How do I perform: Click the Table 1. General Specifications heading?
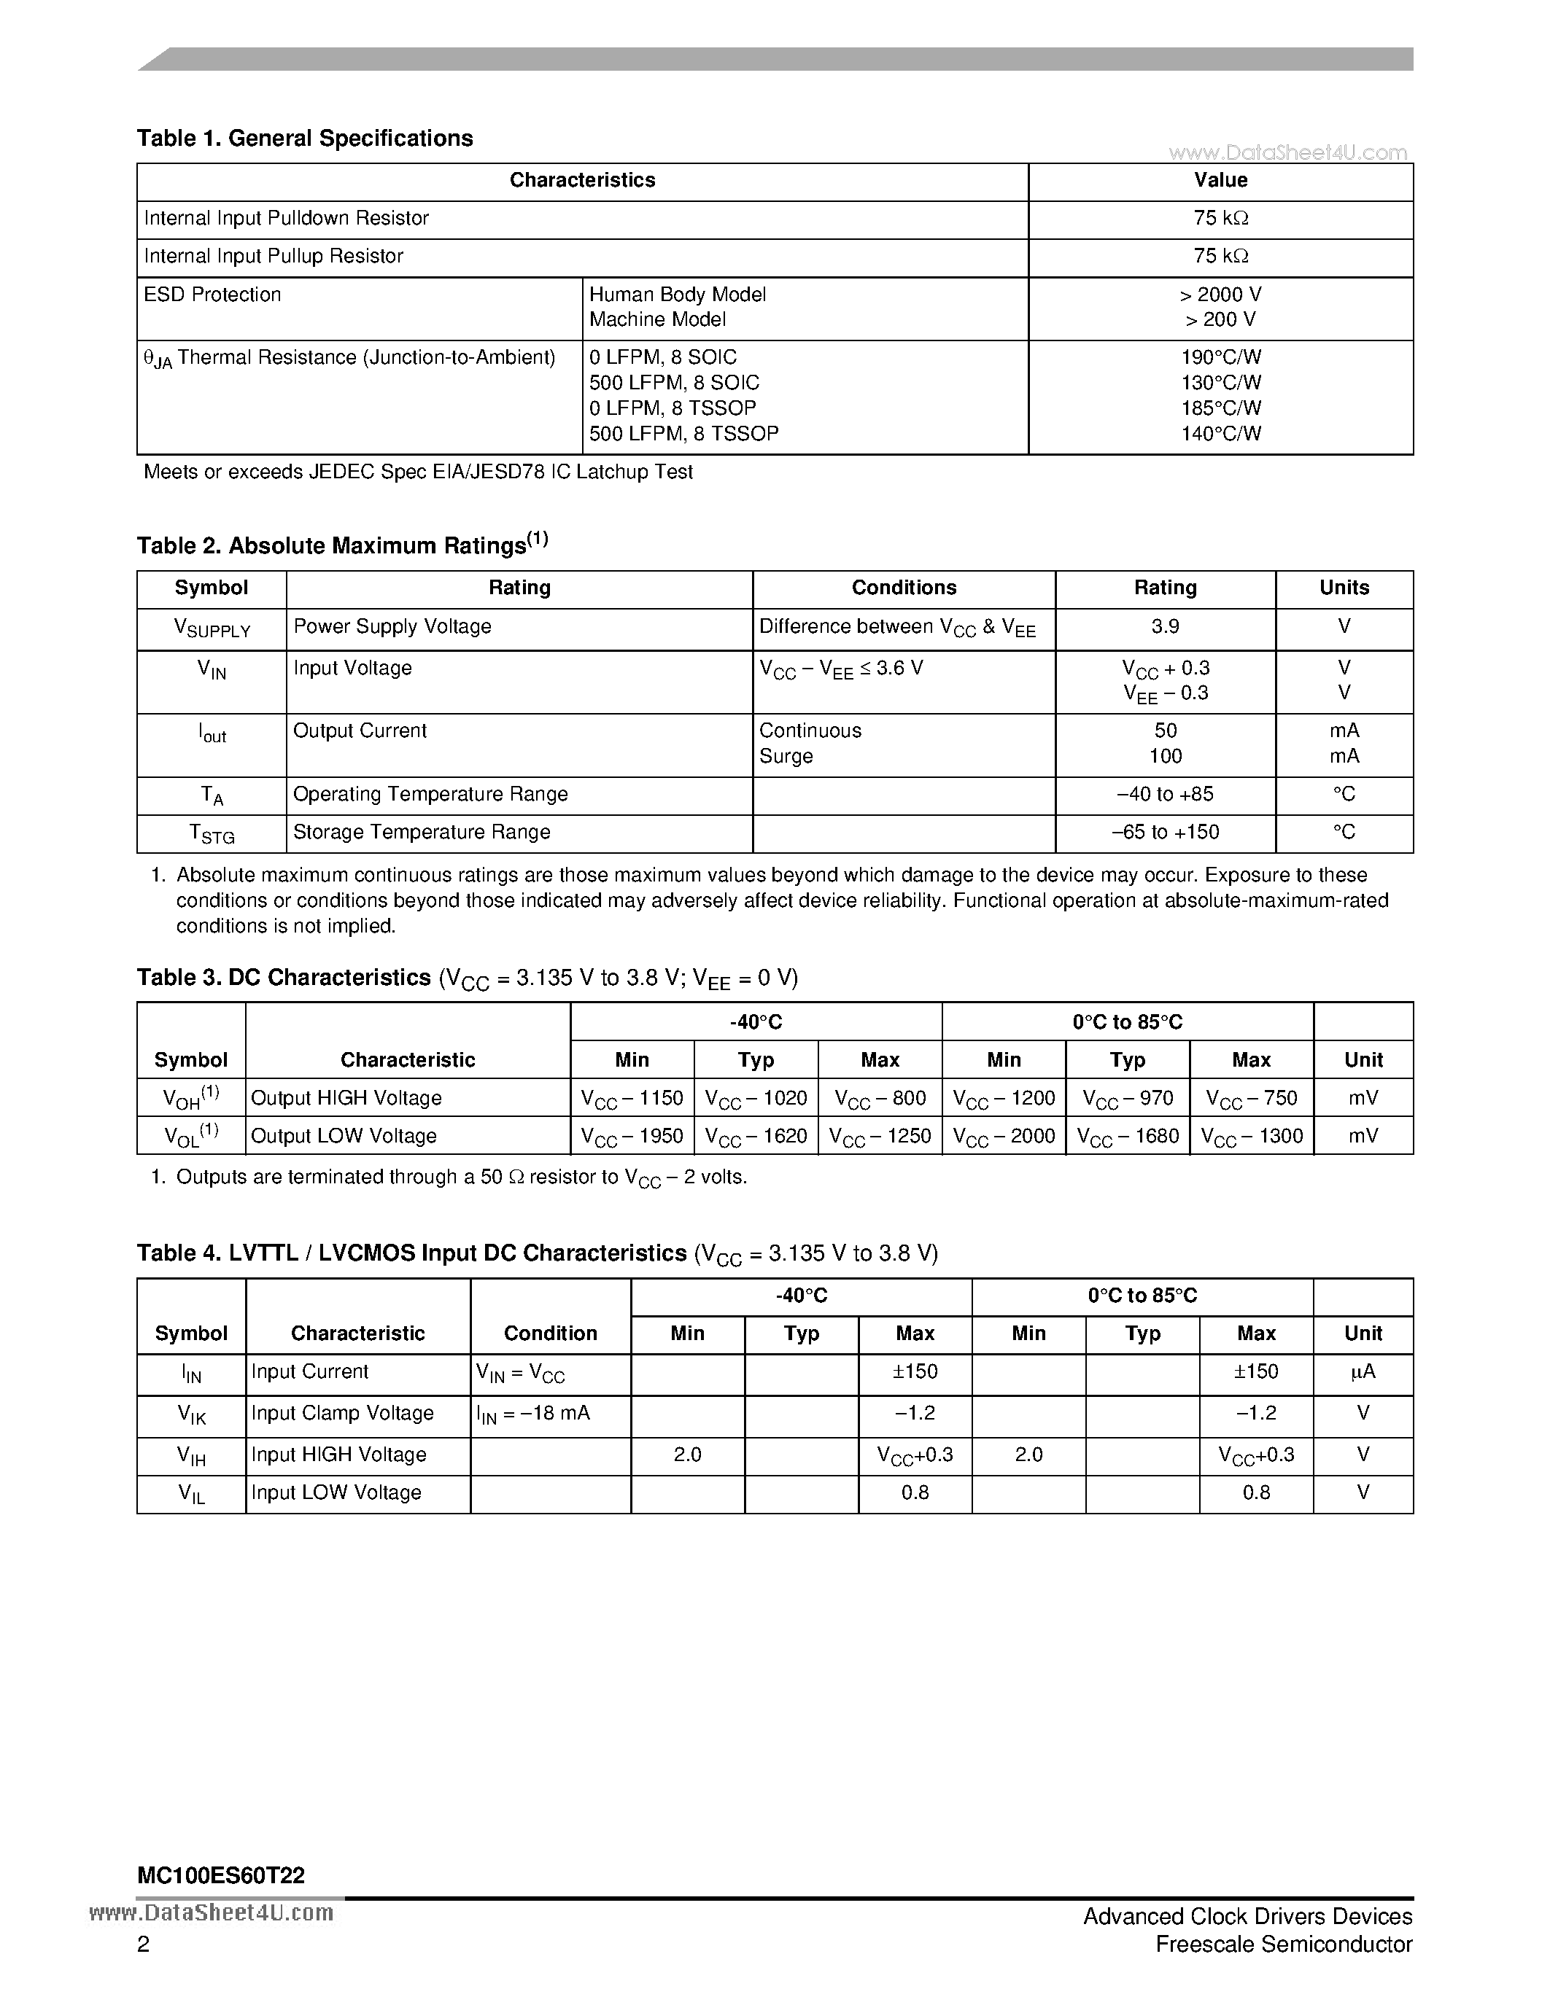(305, 138)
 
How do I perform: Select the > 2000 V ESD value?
(1220, 295)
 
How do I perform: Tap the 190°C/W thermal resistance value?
(1220, 357)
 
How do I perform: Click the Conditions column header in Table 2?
(904, 588)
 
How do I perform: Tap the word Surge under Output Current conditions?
(786, 757)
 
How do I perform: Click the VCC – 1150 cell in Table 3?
(632, 1098)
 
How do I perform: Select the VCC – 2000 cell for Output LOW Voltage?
(1004, 1137)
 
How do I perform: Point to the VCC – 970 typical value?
(1128, 1098)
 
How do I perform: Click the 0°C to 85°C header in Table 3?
(1128, 1021)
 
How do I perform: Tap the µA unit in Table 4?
(1363, 1371)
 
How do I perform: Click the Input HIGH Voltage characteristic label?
(339, 1455)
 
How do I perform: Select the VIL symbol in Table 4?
(191, 1495)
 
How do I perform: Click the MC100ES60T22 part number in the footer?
(220, 1875)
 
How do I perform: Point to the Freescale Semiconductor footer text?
(1284, 1944)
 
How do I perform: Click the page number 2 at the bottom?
(143, 1944)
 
